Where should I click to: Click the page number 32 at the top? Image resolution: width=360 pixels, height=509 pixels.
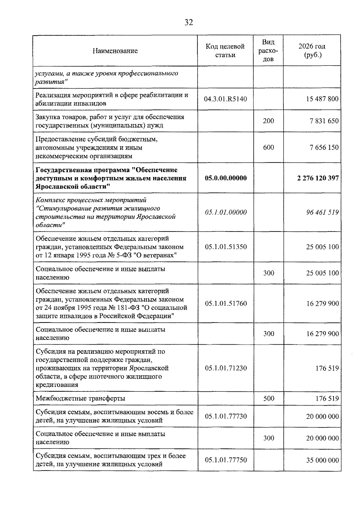tap(189, 22)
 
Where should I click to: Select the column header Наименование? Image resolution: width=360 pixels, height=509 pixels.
tap(115, 51)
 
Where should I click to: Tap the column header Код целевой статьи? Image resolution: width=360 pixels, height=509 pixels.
tap(225, 51)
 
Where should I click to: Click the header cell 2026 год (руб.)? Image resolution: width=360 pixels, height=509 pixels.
tap(312, 51)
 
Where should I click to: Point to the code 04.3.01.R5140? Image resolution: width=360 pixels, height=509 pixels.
tap(225, 99)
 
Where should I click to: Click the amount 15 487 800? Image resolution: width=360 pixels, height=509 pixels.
tap(322, 99)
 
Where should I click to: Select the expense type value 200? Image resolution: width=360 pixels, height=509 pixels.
tap(268, 121)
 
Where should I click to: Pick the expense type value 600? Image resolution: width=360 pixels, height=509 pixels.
tap(268, 147)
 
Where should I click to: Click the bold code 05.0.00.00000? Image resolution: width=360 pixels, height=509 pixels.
tap(226, 178)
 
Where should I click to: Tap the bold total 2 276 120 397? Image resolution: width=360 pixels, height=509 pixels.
tap(318, 178)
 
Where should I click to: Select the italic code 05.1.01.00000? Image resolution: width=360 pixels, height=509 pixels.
tap(226, 212)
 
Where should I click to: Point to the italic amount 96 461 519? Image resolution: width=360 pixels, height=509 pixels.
tap(322, 212)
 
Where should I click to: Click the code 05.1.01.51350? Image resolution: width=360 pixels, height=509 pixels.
tap(226, 247)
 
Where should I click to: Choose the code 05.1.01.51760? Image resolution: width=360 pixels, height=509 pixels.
tap(226, 304)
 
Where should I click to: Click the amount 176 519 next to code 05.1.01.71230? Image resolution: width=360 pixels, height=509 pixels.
tap(327, 368)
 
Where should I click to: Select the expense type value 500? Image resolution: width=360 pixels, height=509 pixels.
tap(268, 399)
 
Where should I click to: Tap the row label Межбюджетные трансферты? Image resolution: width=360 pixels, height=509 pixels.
tap(80, 399)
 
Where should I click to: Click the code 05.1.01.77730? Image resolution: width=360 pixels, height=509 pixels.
tap(226, 416)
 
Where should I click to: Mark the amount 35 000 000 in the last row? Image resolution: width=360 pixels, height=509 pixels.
tap(322, 460)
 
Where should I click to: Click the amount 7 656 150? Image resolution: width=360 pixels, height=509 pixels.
tap(324, 147)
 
